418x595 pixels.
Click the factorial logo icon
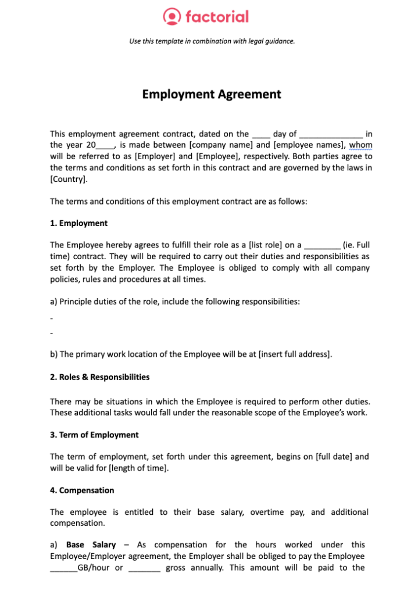(x=172, y=16)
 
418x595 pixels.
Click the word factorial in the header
(x=217, y=16)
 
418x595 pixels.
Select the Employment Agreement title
(x=212, y=94)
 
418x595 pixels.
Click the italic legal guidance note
(x=212, y=41)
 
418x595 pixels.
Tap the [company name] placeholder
(x=221, y=145)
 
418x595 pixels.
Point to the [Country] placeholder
(x=69, y=178)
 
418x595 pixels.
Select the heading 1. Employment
(x=78, y=223)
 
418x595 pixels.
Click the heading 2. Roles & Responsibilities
(x=99, y=377)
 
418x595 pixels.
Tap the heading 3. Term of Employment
(x=94, y=435)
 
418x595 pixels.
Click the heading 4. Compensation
(x=82, y=490)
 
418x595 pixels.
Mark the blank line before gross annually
(x=144, y=568)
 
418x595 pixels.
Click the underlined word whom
(x=360, y=145)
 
